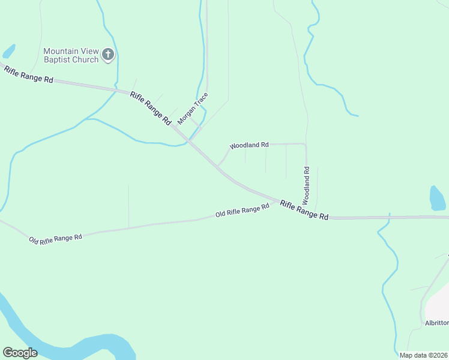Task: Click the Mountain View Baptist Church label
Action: [x=71, y=55]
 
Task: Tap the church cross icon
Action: [x=108, y=55]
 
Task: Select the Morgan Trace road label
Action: [x=193, y=108]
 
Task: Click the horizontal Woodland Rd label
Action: [x=249, y=145]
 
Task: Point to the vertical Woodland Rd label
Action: [x=306, y=183]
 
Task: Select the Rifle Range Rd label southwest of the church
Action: [x=29, y=75]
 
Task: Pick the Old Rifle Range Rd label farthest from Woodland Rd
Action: [x=55, y=238]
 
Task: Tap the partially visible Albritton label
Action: [x=436, y=323]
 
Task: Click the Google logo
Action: [x=20, y=352]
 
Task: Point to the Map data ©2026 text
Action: [x=423, y=355]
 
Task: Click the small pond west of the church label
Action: [x=8, y=51]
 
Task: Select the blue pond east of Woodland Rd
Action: [x=438, y=197]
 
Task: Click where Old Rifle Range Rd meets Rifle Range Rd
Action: [x=278, y=202]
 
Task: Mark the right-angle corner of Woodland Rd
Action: [x=306, y=144]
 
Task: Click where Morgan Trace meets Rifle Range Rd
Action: [x=189, y=140]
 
